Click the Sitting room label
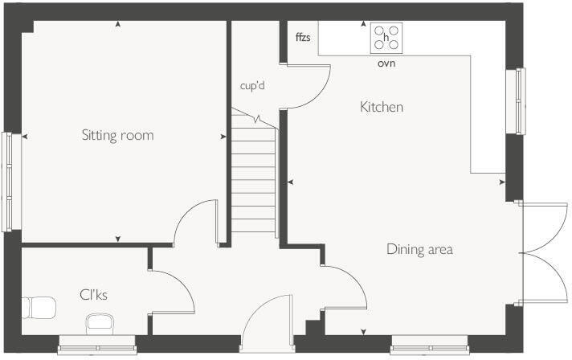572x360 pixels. tap(117, 135)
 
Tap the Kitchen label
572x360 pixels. tap(381, 107)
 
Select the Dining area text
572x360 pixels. tap(419, 249)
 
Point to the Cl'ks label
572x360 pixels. tap(93, 295)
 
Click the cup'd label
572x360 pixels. tap(252, 84)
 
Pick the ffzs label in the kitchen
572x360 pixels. tap(303, 37)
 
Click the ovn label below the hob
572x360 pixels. tap(386, 63)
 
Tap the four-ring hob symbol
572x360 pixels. tap(386, 38)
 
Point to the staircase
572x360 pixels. tap(254, 173)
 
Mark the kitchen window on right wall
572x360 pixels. tap(521, 101)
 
